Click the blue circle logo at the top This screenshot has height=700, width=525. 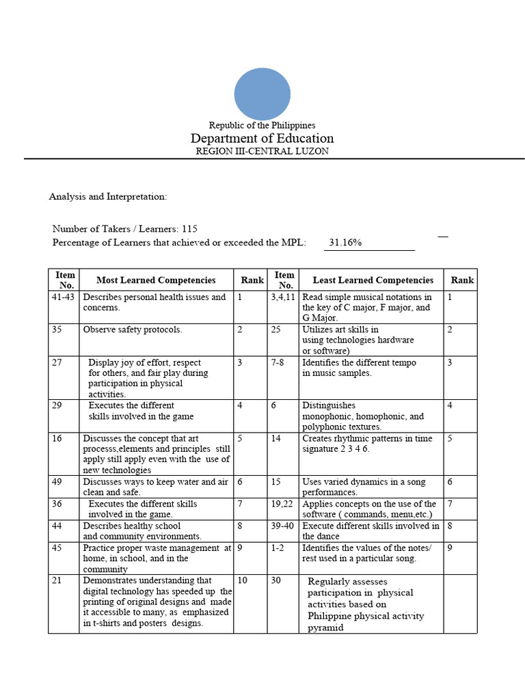point(262,94)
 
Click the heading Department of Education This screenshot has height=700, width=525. point(262,138)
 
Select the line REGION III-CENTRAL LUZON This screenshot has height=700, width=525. point(262,151)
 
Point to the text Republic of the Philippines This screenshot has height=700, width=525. point(262,125)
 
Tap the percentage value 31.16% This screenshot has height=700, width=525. point(345,242)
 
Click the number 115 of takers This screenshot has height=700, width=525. point(190,229)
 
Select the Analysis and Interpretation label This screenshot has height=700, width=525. point(108,196)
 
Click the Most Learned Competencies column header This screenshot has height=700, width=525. point(156,280)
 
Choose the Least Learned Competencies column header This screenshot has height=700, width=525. point(373,280)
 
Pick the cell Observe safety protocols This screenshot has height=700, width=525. point(133,329)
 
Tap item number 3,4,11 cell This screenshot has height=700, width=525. point(283,297)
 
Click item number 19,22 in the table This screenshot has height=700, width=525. point(282,504)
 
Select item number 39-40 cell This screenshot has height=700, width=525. point(282,526)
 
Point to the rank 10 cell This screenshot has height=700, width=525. point(243,580)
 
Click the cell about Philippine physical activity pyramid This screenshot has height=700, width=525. point(366,604)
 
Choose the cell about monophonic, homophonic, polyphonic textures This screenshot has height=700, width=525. point(363,416)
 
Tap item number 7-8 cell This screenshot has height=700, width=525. point(278,362)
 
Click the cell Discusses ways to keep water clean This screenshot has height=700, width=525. point(155,487)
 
